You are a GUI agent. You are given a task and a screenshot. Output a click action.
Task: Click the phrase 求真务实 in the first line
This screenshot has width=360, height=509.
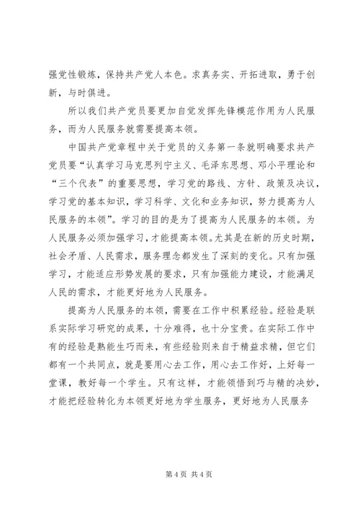pyautogui.click(x=215, y=74)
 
